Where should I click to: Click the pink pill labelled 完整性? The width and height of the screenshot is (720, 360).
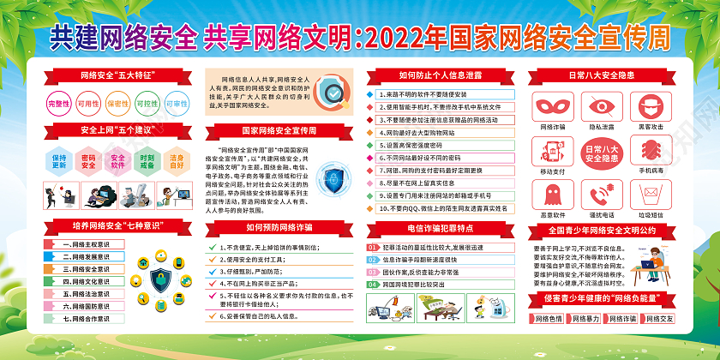58,103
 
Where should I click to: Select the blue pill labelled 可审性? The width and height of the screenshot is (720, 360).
177,103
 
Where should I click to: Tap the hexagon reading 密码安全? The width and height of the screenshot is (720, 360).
88,162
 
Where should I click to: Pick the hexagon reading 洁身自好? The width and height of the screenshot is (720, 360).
177,162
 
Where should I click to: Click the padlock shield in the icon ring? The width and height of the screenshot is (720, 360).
160,279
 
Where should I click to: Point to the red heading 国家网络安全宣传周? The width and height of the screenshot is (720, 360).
279,130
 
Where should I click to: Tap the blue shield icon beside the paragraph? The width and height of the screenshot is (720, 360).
333,178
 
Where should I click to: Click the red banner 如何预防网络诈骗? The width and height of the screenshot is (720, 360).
279,227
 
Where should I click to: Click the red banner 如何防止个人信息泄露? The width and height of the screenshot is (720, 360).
441,75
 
